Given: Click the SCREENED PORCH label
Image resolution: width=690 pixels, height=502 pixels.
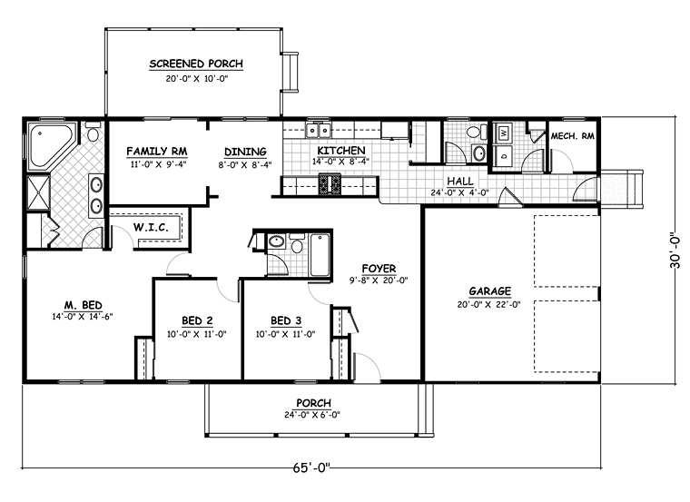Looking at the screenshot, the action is coord(196,64).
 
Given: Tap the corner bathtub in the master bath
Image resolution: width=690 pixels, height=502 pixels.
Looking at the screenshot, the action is coord(49,145).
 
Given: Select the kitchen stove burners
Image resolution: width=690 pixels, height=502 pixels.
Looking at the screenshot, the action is coord(330,184).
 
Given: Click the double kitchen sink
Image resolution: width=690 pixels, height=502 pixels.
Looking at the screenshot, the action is coord(318,130).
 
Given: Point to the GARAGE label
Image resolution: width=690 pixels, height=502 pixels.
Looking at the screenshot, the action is coord(489,291).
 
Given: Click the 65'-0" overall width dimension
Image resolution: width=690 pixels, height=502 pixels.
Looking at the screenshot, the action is coord(311,468).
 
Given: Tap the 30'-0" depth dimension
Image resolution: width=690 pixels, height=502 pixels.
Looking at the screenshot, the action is coord(675,251).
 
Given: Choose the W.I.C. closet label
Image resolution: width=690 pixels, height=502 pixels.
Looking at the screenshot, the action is coord(151,228).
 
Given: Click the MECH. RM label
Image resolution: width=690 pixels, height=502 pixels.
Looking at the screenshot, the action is coord(573,136).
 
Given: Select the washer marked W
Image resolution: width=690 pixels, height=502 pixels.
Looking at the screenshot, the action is coord(504,132).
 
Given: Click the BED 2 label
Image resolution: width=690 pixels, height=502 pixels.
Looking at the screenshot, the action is coord(197,320).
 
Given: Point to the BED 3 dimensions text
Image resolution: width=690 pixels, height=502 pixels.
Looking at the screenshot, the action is coord(286,334).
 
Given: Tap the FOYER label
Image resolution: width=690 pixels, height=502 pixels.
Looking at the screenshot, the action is coord(379,269).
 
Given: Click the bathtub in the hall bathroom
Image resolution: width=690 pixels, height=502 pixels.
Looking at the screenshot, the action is coord(320,255).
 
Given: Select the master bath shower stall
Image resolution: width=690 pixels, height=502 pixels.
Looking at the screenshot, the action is coord(39,192).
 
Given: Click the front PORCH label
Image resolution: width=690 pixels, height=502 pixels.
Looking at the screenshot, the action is coord(313,403).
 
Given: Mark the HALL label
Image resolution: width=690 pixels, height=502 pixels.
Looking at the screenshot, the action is coord(460,181).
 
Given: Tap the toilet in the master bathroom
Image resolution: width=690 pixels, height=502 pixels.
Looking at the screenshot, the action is coord(93,132).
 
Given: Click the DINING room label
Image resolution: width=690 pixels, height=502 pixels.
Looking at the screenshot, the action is coord(245,152).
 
